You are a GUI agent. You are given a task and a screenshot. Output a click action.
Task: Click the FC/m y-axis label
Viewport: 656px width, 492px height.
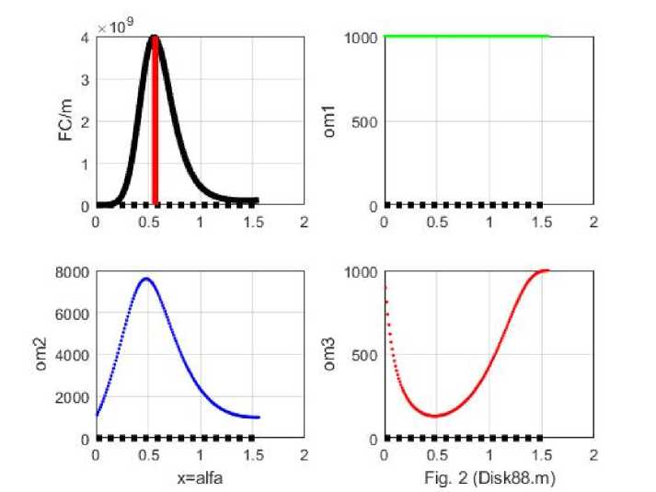[x=64, y=121]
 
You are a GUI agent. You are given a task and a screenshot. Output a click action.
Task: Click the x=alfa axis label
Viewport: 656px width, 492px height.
[x=201, y=478]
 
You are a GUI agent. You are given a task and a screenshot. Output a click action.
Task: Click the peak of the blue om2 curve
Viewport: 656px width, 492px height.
[x=146, y=278]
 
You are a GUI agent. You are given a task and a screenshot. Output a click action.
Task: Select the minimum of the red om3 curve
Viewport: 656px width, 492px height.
[x=435, y=416]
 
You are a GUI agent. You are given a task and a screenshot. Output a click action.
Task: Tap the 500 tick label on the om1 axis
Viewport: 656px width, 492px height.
[x=364, y=121]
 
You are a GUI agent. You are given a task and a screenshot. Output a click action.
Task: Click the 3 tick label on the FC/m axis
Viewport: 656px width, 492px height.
[x=85, y=80]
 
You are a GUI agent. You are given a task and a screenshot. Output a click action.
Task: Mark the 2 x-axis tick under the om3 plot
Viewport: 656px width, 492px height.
[x=593, y=454]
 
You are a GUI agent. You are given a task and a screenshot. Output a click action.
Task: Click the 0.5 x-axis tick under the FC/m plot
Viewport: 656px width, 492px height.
[x=148, y=222]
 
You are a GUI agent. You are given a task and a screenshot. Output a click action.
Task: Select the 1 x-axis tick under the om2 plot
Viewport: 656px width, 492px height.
[x=201, y=454]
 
